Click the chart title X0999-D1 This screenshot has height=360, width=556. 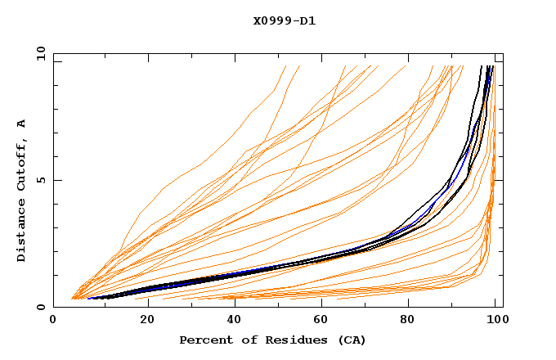[285, 20]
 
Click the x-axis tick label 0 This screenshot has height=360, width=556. [54, 322]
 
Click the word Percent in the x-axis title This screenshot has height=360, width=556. [203, 340]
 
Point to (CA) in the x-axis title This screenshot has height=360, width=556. [350, 340]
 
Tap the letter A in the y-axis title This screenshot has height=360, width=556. [21, 124]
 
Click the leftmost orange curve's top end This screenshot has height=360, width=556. [286, 65]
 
